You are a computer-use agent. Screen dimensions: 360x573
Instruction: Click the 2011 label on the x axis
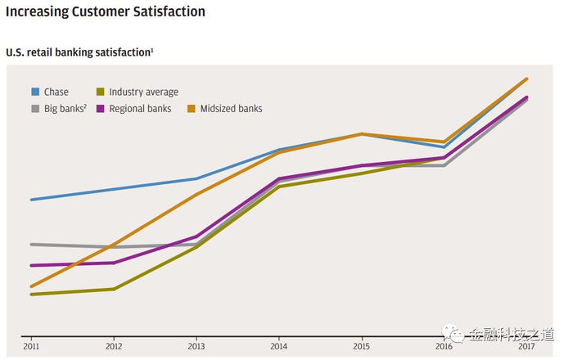point(31,348)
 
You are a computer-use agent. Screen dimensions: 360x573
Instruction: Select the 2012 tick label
point(114,348)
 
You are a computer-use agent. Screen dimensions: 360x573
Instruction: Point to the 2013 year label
point(196,348)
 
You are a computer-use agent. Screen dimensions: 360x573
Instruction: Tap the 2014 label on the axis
point(279,348)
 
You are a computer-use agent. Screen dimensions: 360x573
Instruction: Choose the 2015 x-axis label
point(362,348)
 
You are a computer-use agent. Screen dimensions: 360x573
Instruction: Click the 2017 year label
point(526,348)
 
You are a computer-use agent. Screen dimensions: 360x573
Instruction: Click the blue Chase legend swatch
point(36,92)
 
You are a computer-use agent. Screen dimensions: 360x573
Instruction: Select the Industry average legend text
point(143,92)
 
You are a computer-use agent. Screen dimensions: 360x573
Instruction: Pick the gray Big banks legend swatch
point(36,108)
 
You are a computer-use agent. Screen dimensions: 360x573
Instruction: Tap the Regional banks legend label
point(141,108)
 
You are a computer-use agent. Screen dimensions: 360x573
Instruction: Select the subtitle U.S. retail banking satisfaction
point(79,52)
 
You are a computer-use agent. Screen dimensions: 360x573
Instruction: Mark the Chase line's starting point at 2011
point(31,200)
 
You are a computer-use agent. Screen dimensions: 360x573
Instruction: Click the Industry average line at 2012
point(114,289)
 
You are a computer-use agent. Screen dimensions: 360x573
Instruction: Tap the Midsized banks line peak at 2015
point(362,133)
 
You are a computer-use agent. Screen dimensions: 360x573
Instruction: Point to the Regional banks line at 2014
point(279,178)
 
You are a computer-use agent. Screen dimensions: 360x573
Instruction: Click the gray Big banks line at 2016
point(444,165)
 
